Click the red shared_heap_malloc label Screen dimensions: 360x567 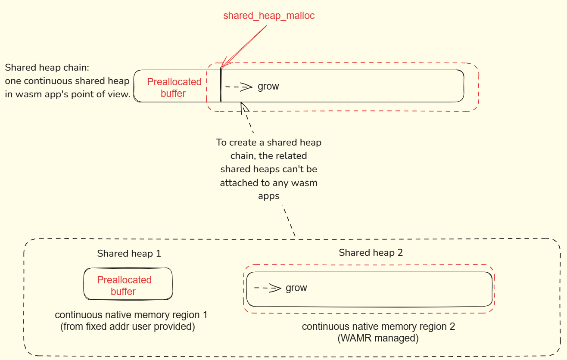[x=269, y=16]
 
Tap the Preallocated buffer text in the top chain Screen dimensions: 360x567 [x=174, y=87]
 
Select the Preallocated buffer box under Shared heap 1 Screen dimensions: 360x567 [x=128, y=284]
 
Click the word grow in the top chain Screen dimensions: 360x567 [x=268, y=87]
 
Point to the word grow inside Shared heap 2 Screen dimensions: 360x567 [x=296, y=288]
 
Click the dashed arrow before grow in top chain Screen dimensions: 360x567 [x=239, y=87]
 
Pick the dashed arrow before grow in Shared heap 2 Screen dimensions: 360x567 [x=268, y=288]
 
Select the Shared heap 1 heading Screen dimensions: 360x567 [x=129, y=253]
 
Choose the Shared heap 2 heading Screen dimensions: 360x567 [x=371, y=252]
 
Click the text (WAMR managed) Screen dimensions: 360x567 [x=378, y=338]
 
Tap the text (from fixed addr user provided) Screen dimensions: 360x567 [x=128, y=326]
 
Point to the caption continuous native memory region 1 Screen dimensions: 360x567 [x=131, y=315]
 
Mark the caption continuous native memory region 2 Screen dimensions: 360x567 [x=378, y=326]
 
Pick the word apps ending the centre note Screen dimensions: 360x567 [x=268, y=196]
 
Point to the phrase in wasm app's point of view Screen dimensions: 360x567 [x=68, y=94]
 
